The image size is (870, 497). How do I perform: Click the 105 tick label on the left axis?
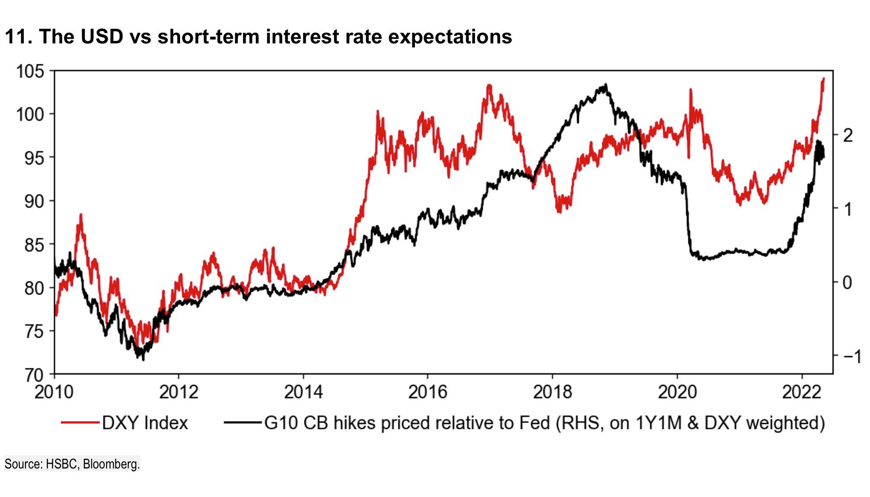point(30,71)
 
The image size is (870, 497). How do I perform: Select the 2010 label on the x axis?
point(54,392)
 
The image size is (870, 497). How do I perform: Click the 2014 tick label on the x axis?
point(303,392)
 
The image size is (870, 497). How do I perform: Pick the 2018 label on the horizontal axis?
point(552,392)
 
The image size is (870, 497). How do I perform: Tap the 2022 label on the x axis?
point(802,392)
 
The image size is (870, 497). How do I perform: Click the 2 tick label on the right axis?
point(848,135)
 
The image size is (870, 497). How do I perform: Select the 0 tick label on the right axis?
point(848,282)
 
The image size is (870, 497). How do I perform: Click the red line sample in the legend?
point(80,423)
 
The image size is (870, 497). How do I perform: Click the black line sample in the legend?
point(243,423)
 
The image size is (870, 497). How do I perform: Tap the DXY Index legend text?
point(145,423)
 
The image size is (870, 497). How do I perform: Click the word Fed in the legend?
point(535,423)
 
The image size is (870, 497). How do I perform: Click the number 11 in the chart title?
point(16,37)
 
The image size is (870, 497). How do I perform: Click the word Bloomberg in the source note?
point(111,464)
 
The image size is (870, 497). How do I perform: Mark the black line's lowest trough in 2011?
point(143,360)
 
